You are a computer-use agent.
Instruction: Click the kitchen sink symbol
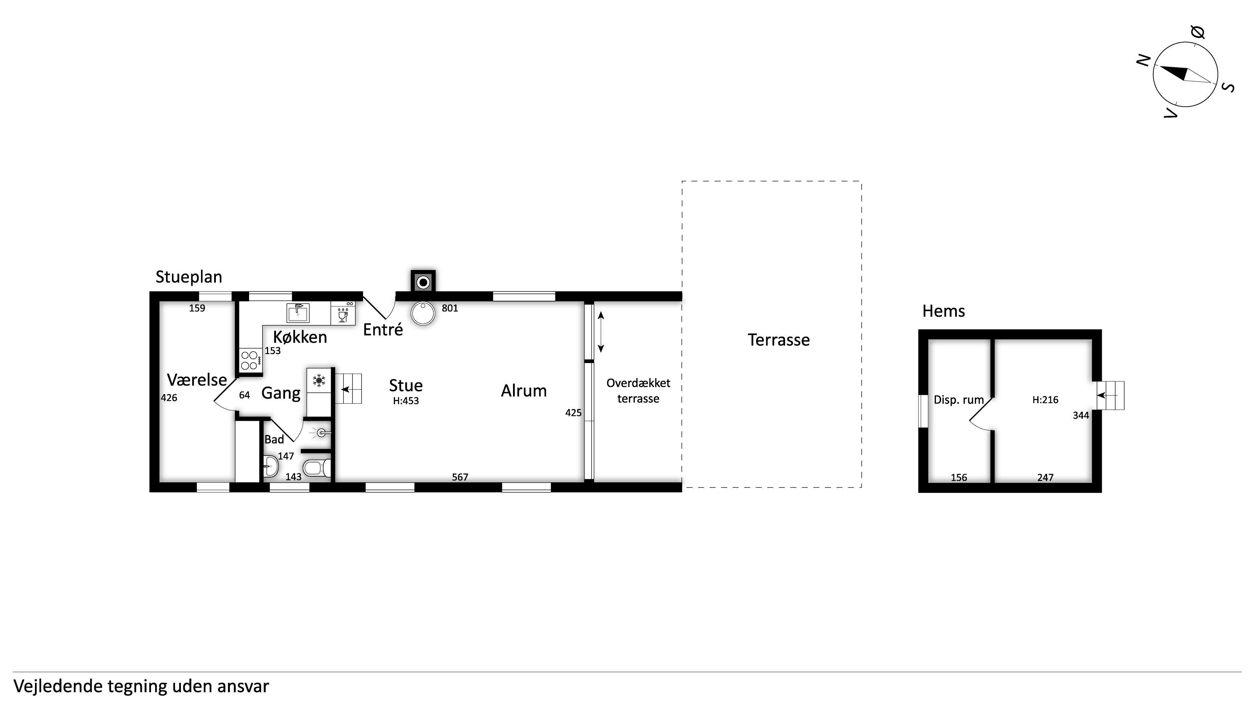tap(298, 313)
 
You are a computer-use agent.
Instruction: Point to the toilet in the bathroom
tap(317, 468)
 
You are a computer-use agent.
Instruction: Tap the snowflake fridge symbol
tap(319, 380)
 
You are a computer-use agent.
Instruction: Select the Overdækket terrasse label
tap(638, 391)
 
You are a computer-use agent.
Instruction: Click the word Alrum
tap(524, 391)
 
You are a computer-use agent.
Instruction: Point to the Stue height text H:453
tap(406, 401)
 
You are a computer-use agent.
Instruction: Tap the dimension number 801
tap(450, 308)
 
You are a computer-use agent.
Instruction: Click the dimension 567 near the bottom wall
tap(460, 477)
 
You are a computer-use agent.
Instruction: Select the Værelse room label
tap(197, 380)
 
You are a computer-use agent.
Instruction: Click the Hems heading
tap(943, 311)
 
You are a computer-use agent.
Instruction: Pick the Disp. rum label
tap(959, 400)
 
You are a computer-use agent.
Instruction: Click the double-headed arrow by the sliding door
tap(601, 332)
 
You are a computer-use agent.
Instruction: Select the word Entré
tap(383, 330)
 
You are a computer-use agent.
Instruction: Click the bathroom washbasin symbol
tap(270, 466)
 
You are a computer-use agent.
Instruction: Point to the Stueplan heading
tap(189, 277)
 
